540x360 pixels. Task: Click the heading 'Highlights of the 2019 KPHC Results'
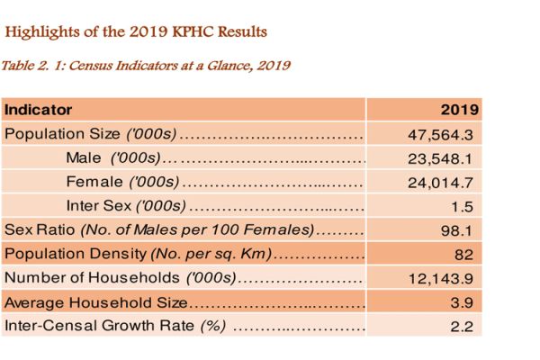pyautogui.click(x=136, y=32)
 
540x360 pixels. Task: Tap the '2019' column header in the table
pyautogui.click(x=459, y=110)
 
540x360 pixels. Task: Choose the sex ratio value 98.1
pyautogui.click(x=460, y=230)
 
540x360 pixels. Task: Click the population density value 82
pyautogui.click(x=464, y=255)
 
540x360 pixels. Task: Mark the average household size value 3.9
pyautogui.click(x=463, y=302)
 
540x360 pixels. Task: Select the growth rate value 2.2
pyautogui.click(x=463, y=327)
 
